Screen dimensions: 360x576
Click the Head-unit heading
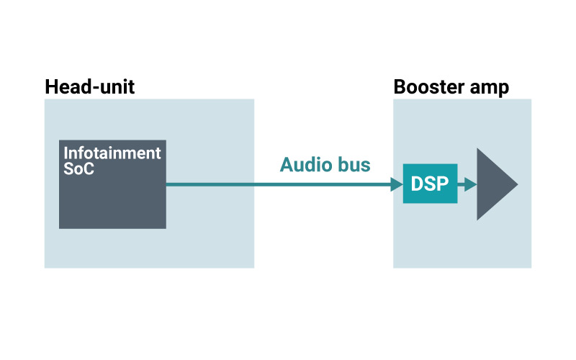point(89,88)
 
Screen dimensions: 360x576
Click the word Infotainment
point(112,153)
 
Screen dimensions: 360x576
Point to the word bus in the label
point(354,165)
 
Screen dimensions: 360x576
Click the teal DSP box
point(430,184)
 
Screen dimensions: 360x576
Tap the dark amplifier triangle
point(493,184)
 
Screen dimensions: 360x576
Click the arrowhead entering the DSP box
point(396,184)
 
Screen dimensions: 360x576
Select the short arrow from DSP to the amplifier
point(467,184)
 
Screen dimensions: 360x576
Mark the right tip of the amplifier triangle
point(516,184)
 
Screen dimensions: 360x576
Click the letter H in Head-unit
point(51,88)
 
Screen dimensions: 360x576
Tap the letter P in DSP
point(444,184)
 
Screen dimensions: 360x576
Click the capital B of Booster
point(400,88)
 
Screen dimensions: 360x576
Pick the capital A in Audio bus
point(287,165)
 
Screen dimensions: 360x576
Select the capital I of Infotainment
point(66,153)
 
